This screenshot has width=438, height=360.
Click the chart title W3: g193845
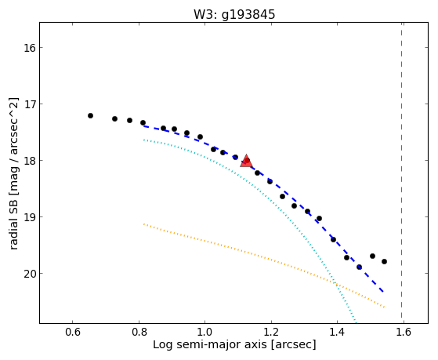click(234, 15)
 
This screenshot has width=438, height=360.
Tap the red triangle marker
click(246, 161)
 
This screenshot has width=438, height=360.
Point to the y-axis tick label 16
click(30, 48)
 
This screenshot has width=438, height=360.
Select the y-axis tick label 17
click(30, 104)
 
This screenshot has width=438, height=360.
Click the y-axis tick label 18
click(30, 161)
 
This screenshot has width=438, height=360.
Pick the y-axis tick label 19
click(30, 217)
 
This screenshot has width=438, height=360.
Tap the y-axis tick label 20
click(30, 274)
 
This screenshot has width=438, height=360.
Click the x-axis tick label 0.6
click(73, 333)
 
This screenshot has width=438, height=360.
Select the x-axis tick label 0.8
click(139, 333)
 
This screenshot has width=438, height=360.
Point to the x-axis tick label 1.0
click(205, 333)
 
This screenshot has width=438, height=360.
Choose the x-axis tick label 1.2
click(271, 333)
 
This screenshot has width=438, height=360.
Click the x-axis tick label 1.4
click(338, 333)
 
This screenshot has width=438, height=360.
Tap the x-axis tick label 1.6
click(404, 333)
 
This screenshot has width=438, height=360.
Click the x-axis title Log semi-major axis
click(210, 345)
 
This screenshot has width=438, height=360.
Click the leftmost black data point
click(90, 115)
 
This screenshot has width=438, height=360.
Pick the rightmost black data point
click(384, 261)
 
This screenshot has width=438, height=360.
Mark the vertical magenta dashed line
click(402, 173)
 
